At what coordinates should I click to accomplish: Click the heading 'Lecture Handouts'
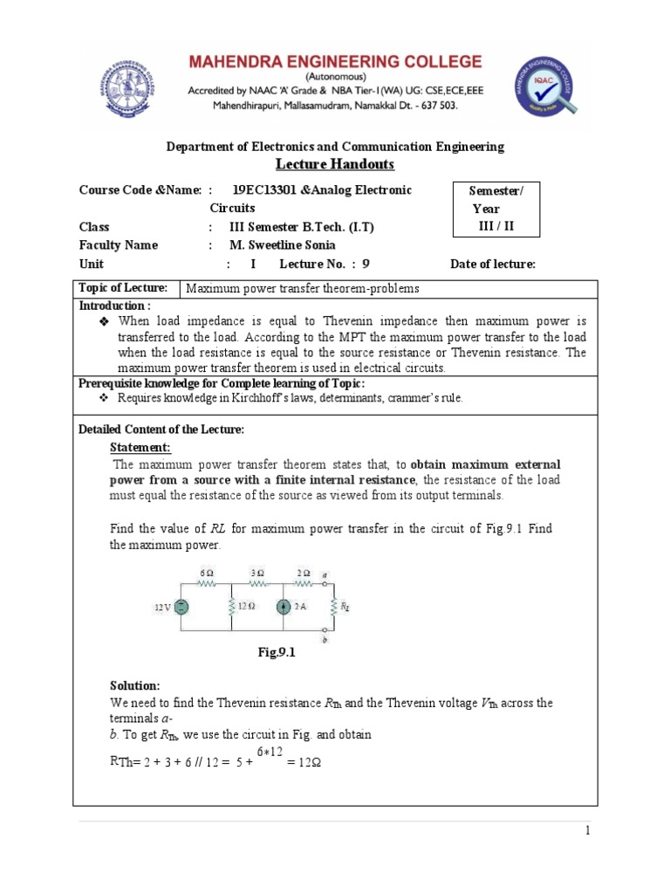(x=335, y=164)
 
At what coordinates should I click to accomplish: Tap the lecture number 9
(x=366, y=264)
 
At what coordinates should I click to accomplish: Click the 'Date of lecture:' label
(x=492, y=264)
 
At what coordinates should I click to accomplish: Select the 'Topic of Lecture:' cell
(x=128, y=288)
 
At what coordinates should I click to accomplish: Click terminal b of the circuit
(x=325, y=636)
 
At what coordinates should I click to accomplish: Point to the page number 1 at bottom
(x=589, y=832)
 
